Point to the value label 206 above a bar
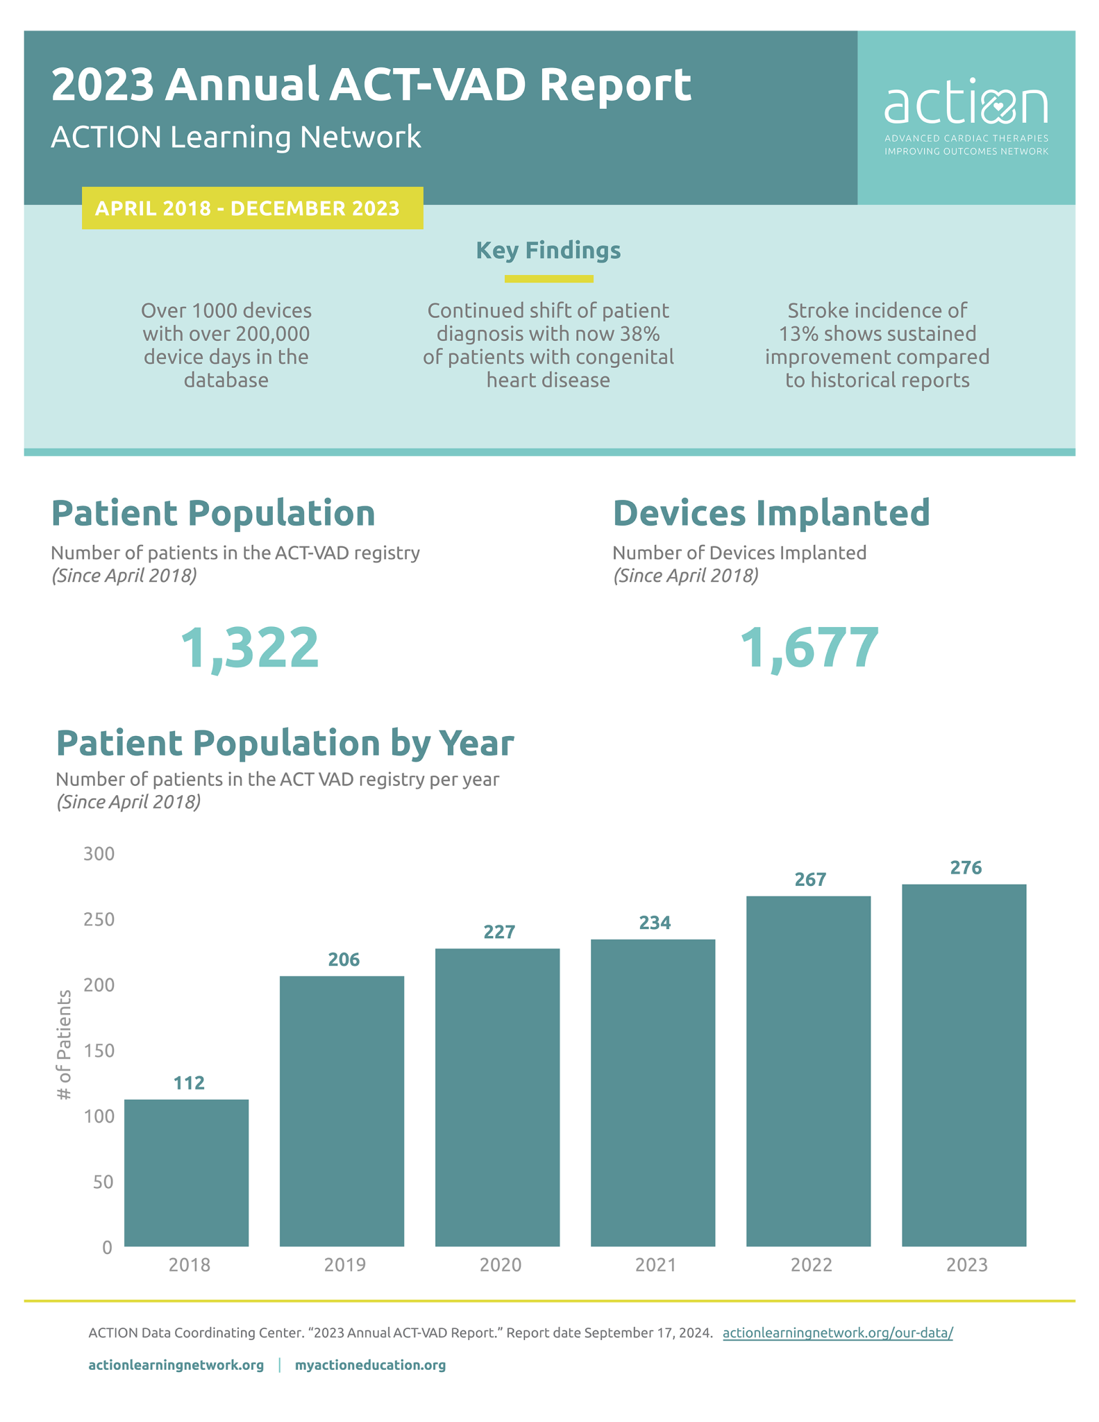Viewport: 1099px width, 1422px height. pos(344,960)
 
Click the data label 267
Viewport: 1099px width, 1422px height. pos(810,880)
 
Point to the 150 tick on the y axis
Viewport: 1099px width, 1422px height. pos(99,1051)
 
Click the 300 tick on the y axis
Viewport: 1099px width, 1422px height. pos(99,853)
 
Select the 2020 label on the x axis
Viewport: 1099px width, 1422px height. pos(500,1265)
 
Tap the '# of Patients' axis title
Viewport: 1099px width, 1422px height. pos(65,1044)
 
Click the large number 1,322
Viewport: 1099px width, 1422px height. pos(250,648)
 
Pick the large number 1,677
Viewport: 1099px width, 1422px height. pos(809,648)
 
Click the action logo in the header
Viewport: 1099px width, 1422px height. pos(966,118)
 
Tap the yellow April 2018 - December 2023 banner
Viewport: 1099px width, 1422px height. pos(252,208)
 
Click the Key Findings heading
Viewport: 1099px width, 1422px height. pos(548,250)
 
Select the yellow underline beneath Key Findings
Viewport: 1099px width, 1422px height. pos(548,279)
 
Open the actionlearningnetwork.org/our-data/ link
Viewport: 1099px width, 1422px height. pos(837,1332)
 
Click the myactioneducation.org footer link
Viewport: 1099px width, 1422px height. pos(370,1365)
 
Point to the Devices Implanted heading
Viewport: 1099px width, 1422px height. pos(771,513)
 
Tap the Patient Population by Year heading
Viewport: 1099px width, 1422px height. pos(285,742)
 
